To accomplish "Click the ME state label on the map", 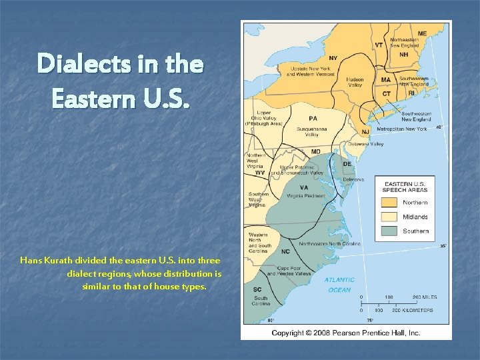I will tap(422, 33).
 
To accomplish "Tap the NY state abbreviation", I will tap(333, 57).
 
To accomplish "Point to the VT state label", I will tap(379, 45).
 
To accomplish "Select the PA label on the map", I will tap(313, 118).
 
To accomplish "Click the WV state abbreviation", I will tap(260, 173).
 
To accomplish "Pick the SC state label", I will tap(257, 289).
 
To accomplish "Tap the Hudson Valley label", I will tap(355, 83).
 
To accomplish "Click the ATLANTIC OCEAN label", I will tap(339, 285).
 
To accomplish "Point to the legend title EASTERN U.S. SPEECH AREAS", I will tap(406, 186).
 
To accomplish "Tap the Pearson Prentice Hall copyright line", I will tap(345, 332).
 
